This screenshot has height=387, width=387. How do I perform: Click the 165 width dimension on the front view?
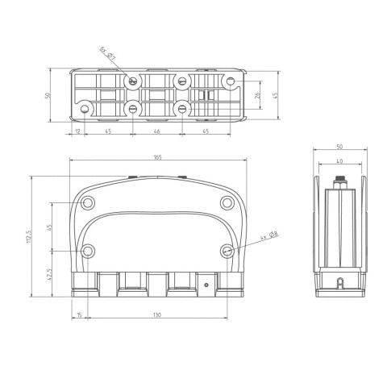[x=156, y=157]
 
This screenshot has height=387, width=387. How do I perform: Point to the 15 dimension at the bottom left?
[x=79, y=314]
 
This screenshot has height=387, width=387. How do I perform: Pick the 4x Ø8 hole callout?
[x=269, y=236]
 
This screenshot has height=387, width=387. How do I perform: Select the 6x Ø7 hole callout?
[x=107, y=53]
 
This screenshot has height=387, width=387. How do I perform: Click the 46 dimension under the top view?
[x=156, y=131]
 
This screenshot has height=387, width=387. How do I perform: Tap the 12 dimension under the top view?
[x=77, y=131]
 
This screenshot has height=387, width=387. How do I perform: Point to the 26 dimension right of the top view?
[x=257, y=96]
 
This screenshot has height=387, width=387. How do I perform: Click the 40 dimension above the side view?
[x=339, y=161]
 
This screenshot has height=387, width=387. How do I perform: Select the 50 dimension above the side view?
[x=339, y=148]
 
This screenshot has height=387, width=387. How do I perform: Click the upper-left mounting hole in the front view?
[x=89, y=202]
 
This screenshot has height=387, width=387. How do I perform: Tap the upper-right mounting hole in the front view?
[x=227, y=202]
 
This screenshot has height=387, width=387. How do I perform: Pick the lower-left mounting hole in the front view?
[x=89, y=251]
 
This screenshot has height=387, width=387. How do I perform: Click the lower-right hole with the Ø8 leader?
[x=227, y=251]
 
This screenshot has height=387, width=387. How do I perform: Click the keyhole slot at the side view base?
[x=339, y=283]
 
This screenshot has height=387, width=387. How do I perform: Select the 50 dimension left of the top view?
[x=48, y=95]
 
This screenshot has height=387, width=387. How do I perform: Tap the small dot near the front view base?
[x=208, y=285]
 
